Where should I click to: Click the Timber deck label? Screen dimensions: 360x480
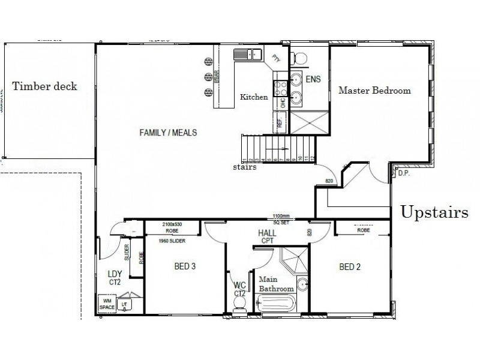pyautogui.click(x=45, y=86)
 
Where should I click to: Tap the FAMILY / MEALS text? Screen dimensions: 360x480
pyautogui.click(x=169, y=132)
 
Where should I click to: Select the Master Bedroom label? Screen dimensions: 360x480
pyautogui.click(x=374, y=91)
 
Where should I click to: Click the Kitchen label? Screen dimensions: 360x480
pyautogui.click(x=254, y=97)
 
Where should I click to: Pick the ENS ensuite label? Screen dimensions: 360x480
pyautogui.click(x=313, y=79)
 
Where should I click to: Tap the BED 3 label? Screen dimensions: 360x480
pyautogui.click(x=185, y=266)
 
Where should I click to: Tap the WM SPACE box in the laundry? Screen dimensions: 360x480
pyautogui.click(x=107, y=304)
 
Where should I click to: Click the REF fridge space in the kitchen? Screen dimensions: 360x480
pyautogui.click(x=279, y=122)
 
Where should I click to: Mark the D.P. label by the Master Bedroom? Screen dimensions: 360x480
pyautogui.click(x=403, y=173)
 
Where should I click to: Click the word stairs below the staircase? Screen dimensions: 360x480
pyautogui.click(x=246, y=167)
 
